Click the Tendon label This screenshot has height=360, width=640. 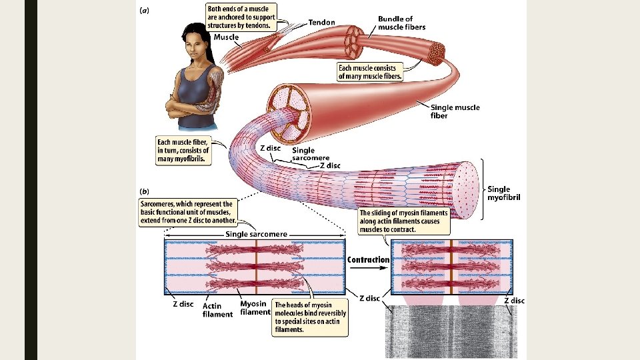322,22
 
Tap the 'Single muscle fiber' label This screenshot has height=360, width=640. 455,111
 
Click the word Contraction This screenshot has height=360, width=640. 368,259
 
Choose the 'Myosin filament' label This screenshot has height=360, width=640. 255,308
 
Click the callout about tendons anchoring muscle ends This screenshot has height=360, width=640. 240,17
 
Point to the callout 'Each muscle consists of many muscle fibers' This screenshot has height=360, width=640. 370,72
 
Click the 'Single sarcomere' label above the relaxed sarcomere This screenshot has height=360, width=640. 257,234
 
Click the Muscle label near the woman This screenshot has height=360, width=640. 226,37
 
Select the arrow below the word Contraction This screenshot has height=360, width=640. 368,267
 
